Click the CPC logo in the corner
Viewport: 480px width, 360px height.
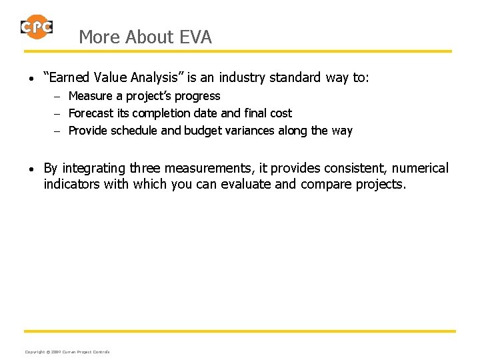37,27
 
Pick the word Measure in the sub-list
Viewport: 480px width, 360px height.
91,96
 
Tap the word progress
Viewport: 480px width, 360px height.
197,96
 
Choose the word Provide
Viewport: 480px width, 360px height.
89,131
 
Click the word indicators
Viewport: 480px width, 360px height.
72,184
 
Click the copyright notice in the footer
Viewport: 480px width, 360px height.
67,351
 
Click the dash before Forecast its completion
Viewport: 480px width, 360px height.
58,114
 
